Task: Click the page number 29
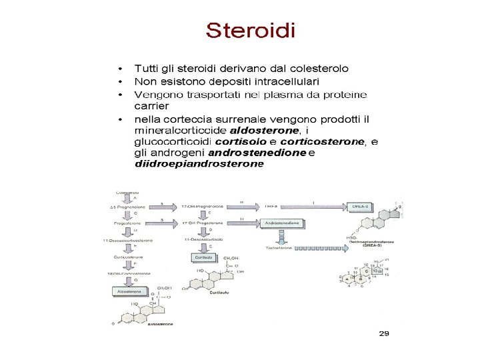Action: point(383,332)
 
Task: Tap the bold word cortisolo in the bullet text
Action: point(240,141)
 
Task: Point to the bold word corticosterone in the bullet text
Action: point(322,141)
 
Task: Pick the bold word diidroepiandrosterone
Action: point(195,164)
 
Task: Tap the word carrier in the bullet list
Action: point(151,105)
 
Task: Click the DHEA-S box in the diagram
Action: point(362,207)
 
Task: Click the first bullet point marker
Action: point(120,69)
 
